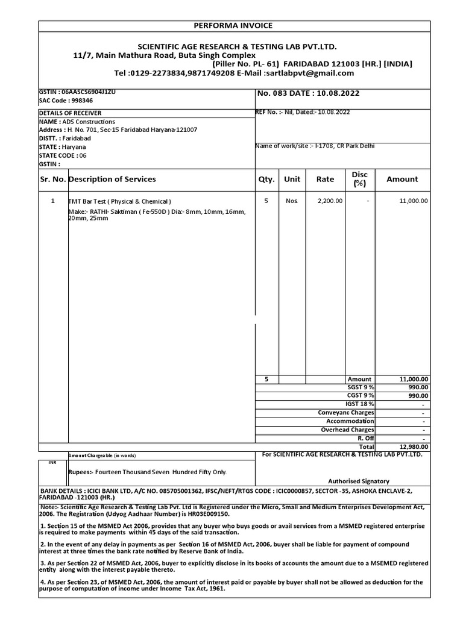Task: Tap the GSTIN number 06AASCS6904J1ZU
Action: [x=77, y=92]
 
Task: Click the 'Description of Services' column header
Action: [x=112, y=179]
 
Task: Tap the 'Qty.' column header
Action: [x=266, y=179]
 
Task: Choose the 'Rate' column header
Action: [x=325, y=179]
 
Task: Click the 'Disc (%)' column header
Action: [x=359, y=178]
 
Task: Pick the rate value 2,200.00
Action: [x=330, y=201]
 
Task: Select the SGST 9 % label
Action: [x=361, y=387]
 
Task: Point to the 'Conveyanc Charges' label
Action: [x=346, y=413]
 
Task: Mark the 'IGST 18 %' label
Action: [x=360, y=404]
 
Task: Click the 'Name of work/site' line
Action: [x=315, y=146]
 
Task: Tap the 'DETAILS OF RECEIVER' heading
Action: [x=71, y=113]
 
